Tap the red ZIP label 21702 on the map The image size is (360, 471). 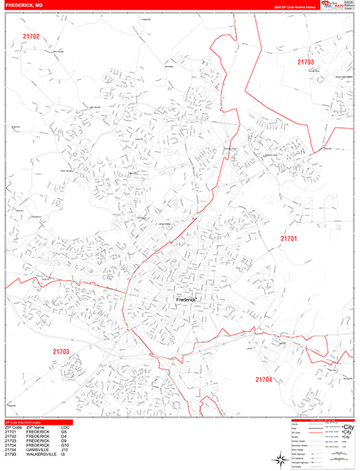pyautogui.click(x=31, y=36)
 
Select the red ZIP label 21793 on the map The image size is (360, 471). pyautogui.click(x=305, y=61)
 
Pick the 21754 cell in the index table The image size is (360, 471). pyautogui.click(x=11, y=450)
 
